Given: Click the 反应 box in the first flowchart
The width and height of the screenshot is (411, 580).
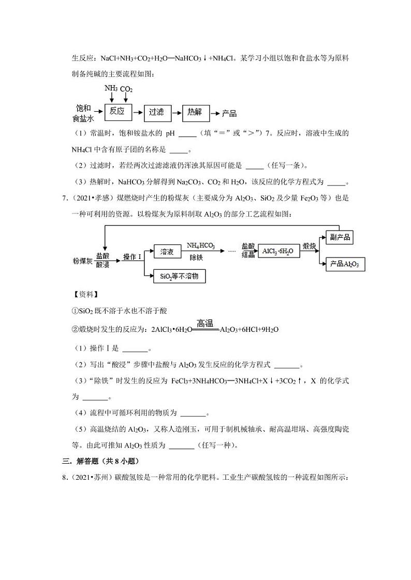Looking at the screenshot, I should (118, 111).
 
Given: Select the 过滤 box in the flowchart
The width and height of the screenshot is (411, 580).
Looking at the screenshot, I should (156, 112).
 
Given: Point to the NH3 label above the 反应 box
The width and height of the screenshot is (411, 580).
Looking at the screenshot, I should (110, 88).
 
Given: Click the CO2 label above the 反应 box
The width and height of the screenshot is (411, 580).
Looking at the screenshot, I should (126, 89).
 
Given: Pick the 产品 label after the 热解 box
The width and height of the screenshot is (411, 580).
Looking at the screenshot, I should (229, 113).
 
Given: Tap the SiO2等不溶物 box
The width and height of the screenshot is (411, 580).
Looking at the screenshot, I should (179, 277).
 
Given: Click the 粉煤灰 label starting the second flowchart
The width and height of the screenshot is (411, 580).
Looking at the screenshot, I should (83, 261).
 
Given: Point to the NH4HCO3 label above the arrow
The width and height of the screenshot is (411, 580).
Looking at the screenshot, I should (201, 246).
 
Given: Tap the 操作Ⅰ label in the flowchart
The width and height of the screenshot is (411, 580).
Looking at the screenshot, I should (132, 257).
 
